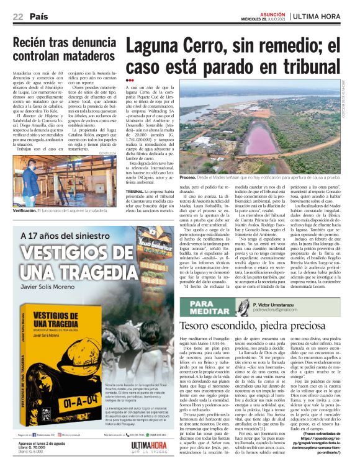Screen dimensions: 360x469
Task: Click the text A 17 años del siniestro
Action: coord(60,236)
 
